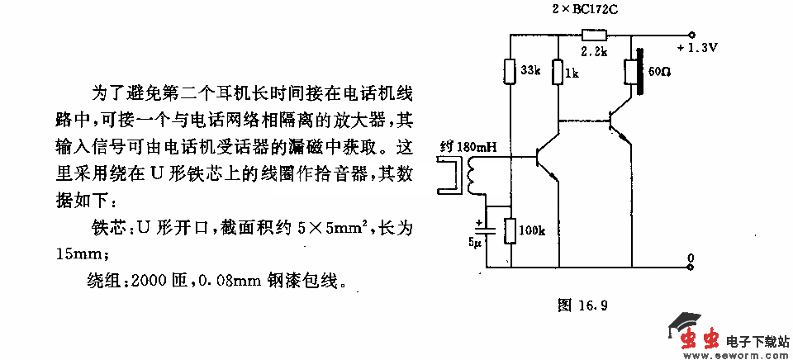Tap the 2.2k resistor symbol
pos(593,35)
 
